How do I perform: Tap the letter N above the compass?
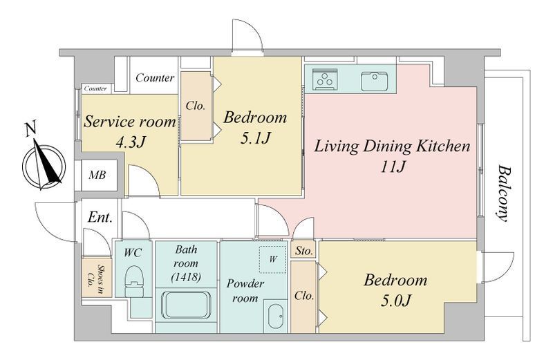coord(31,129)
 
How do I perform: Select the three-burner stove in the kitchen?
coord(325,79)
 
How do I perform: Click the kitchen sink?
coord(374,81)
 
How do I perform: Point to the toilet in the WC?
coord(134,281)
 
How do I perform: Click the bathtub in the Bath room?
coord(186,305)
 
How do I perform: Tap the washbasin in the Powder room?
coord(275,316)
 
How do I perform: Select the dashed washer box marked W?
coord(273,259)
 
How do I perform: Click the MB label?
coord(97,175)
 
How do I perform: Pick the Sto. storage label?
coord(304,251)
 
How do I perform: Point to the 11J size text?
coord(392,167)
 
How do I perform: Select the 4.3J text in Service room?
coord(131,142)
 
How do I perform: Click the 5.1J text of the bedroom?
coord(255,139)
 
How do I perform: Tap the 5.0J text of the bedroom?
coord(395,301)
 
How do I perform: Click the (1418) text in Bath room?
coord(186,277)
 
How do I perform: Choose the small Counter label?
coord(95,88)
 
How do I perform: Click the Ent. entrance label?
coord(100,217)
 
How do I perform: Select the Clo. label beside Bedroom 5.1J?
coord(196,106)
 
